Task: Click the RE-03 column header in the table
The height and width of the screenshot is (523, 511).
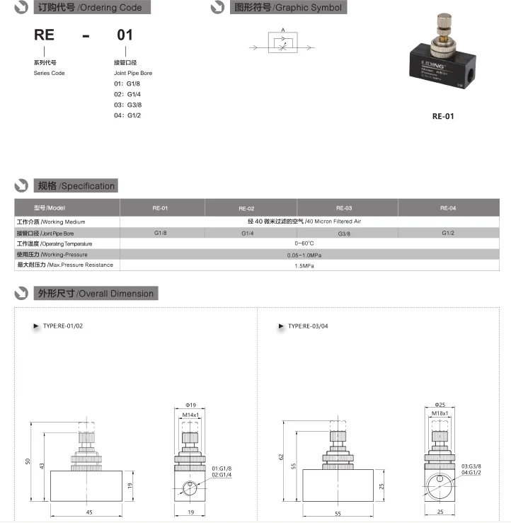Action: click(344, 208)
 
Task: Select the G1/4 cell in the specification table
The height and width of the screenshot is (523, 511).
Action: click(247, 234)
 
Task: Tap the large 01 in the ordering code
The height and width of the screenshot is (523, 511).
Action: click(124, 35)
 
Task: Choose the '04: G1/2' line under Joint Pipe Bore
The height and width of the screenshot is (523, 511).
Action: click(128, 115)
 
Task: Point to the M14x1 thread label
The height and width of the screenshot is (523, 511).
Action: click(190, 414)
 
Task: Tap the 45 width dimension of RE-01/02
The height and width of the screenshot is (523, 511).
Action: click(89, 512)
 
